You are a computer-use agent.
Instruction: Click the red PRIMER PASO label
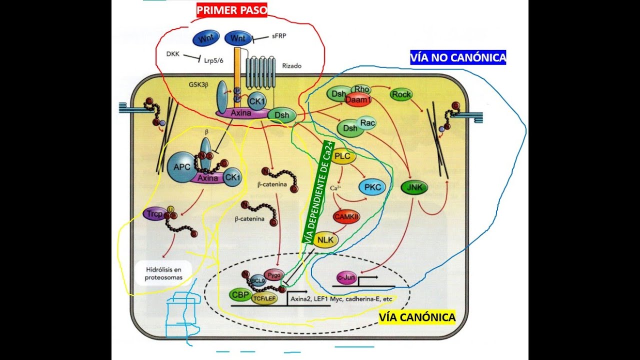click(x=231, y=10)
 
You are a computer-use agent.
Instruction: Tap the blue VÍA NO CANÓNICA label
click(x=457, y=57)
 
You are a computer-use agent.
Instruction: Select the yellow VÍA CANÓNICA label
click(x=417, y=317)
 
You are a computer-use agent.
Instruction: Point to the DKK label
click(x=173, y=53)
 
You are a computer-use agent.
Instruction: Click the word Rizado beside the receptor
click(x=292, y=66)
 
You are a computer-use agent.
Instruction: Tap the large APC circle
click(x=182, y=166)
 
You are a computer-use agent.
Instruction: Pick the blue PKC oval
click(x=372, y=187)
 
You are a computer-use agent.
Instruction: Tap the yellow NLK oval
click(x=325, y=239)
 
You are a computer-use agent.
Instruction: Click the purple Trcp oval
click(x=153, y=214)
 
